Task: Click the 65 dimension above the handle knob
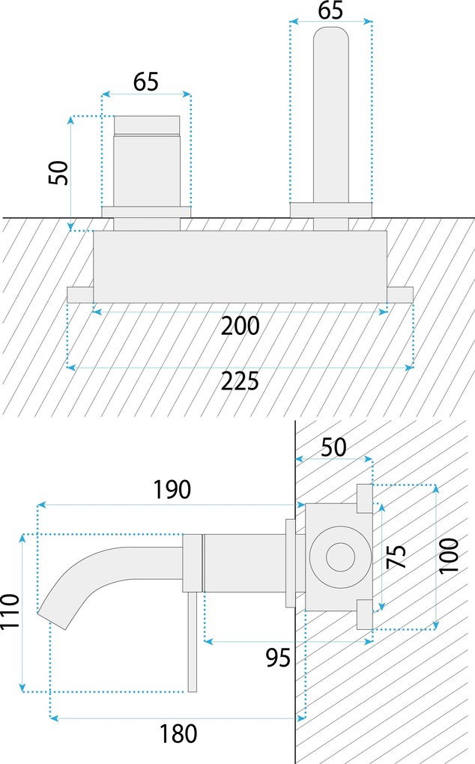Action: pos(146,82)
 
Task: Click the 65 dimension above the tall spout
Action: pos(330,10)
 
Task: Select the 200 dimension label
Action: pos(240,326)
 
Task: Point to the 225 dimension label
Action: pos(240,381)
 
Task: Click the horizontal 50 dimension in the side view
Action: pos(333,447)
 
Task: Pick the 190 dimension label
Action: pos(172,490)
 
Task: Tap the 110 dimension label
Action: pos(10,613)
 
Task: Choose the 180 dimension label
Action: pos(178,733)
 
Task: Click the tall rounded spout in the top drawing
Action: pos(330,112)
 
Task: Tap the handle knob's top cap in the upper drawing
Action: pos(147,124)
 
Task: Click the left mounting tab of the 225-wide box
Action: pos(79,294)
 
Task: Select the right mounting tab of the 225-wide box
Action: pos(400,294)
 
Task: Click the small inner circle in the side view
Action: pos(339,557)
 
